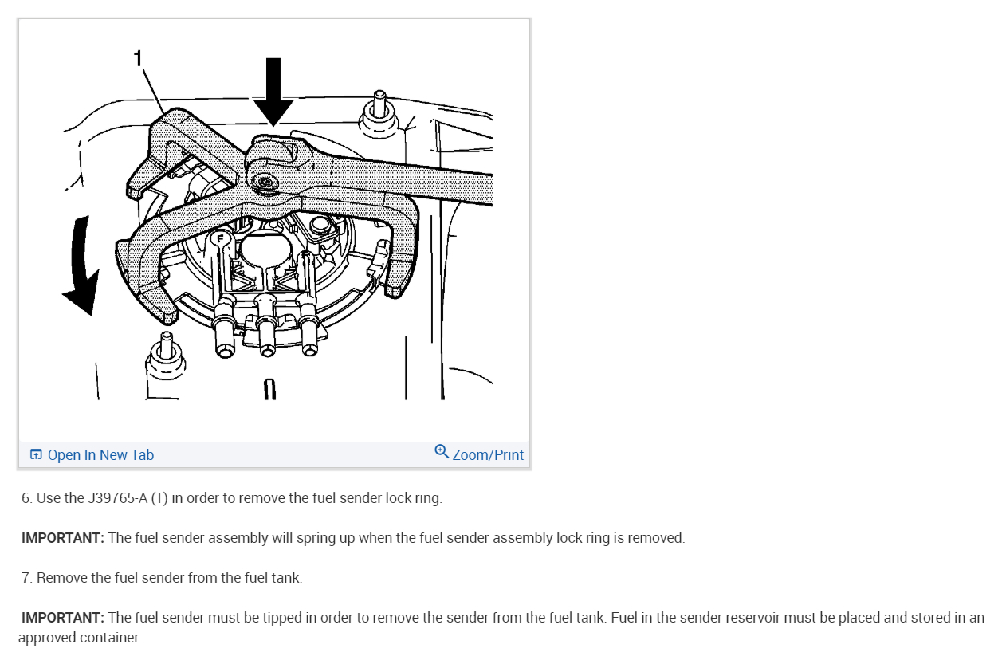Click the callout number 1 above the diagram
click(138, 58)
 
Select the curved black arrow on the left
click(82, 266)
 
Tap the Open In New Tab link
click(100, 455)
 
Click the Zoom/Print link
click(487, 455)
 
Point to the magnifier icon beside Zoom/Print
click(442, 452)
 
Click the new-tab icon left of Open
click(36, 455)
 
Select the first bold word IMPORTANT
click(63, 538)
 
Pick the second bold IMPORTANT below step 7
click(63, 618)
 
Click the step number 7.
click(26, 578)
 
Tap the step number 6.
click(26, 498)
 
